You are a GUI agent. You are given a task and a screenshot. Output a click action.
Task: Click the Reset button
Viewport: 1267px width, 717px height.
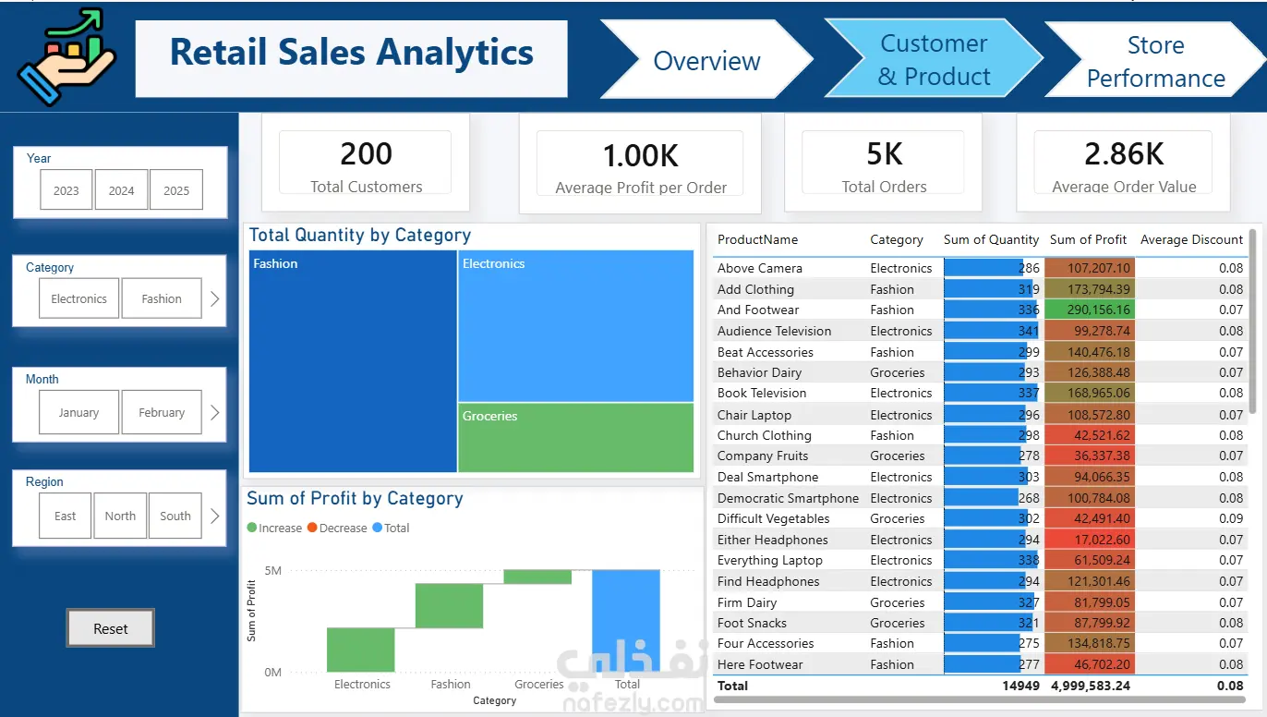click(x=110, y=628)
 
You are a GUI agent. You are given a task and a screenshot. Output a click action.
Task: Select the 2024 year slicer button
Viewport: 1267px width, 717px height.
click(x=122, y=190)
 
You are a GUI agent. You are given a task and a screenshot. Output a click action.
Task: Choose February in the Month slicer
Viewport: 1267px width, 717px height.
click(x=162, y=412)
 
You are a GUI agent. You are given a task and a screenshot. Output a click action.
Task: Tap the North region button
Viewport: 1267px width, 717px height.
click(x=120, y=516)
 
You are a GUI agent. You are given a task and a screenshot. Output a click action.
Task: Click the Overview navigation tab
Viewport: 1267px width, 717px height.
click(x=706, y=60)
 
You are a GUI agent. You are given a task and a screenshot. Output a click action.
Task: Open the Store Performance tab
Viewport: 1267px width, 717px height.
click(x=1155, y=61)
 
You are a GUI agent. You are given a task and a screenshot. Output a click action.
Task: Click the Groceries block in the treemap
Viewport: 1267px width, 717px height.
click(x=576, y=437)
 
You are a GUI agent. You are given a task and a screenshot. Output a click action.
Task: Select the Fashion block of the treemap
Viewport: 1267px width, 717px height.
click(x=353, y=361)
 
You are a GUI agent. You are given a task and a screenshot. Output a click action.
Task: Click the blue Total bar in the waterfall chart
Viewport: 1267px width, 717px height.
click(x=626, y=621)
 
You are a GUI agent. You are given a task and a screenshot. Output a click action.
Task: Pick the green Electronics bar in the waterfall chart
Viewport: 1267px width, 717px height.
click(x=361, y=650)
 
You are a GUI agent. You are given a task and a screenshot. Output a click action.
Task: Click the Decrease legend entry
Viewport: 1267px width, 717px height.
click(x=337, y=528)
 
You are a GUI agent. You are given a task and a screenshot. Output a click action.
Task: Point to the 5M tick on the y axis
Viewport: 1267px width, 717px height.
click(x=273, y=570)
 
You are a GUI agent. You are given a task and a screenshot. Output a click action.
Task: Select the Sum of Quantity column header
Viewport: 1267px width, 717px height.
click(x=991, y=239)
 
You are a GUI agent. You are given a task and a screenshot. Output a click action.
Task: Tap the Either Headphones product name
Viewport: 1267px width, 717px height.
click(x=773, y=540)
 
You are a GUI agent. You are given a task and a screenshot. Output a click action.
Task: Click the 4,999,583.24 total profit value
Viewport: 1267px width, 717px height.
click(x=1091, y=686)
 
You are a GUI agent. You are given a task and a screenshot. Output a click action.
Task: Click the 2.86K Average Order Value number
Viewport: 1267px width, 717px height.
click(x=1124, y=154)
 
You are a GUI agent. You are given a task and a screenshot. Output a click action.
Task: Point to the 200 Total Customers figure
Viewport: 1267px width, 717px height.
click(x=366, y=154)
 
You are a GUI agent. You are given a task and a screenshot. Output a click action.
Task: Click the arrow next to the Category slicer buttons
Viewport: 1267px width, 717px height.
click(x=215, y=298)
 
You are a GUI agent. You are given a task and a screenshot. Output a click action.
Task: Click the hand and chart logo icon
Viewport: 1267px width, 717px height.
click(x=66, y=56)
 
